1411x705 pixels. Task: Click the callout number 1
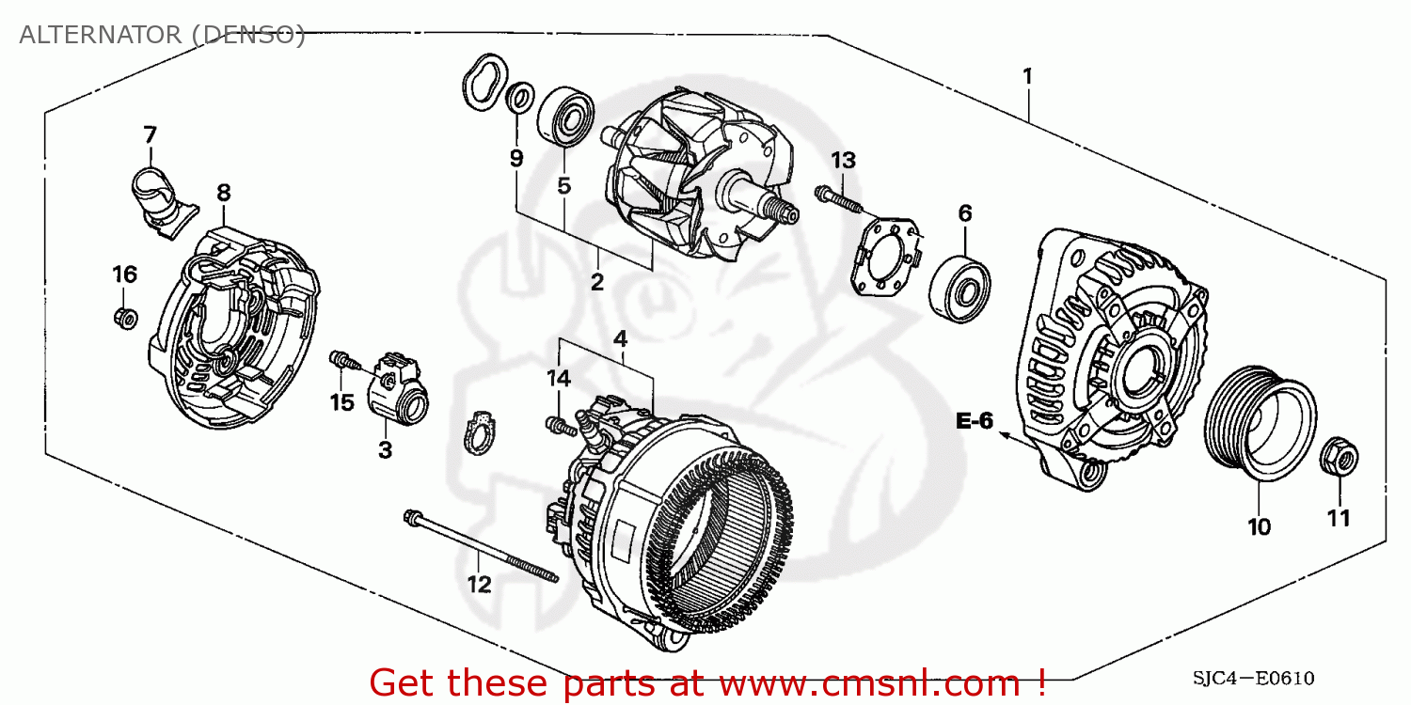click(1027, 75)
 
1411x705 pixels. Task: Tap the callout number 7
click(150, 135)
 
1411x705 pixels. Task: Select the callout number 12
click(479, 585)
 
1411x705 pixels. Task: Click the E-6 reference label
click(975, 421)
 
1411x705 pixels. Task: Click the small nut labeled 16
click(125, 317)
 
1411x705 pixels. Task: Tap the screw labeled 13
click(836, 199)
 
